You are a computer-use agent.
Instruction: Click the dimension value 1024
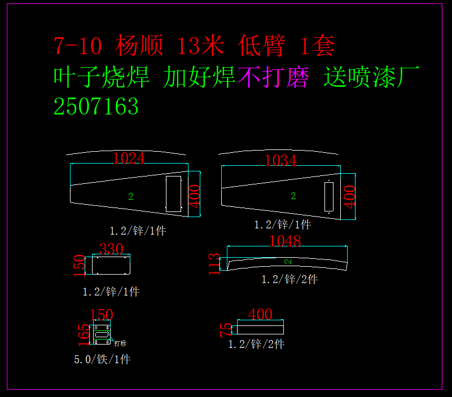click(129, 158)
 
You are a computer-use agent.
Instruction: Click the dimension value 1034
click(280, 161)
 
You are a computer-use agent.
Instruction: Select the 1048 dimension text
click(286, 241)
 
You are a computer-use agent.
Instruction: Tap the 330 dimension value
click(111, 249)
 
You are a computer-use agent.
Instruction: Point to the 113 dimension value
click(215, 264)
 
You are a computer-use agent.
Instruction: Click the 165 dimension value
click(84, 334)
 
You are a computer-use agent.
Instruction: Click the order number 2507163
click(96, 107)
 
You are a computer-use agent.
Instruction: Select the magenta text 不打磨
click(273, 78)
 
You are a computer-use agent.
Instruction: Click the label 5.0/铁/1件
click(102, 359)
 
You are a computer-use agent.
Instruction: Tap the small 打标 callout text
click(120, 343)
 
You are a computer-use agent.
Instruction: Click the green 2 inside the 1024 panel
click(131, 196)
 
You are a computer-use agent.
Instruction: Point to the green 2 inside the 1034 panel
click(293, 196)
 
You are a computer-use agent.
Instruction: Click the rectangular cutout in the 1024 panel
click(173, 194)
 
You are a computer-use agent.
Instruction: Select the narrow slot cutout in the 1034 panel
click(329, 195)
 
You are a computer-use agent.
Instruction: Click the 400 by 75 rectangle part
click(260, 327)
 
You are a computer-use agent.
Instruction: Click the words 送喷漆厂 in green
click(372, 78)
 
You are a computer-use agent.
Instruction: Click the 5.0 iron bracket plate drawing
click(102, 334)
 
